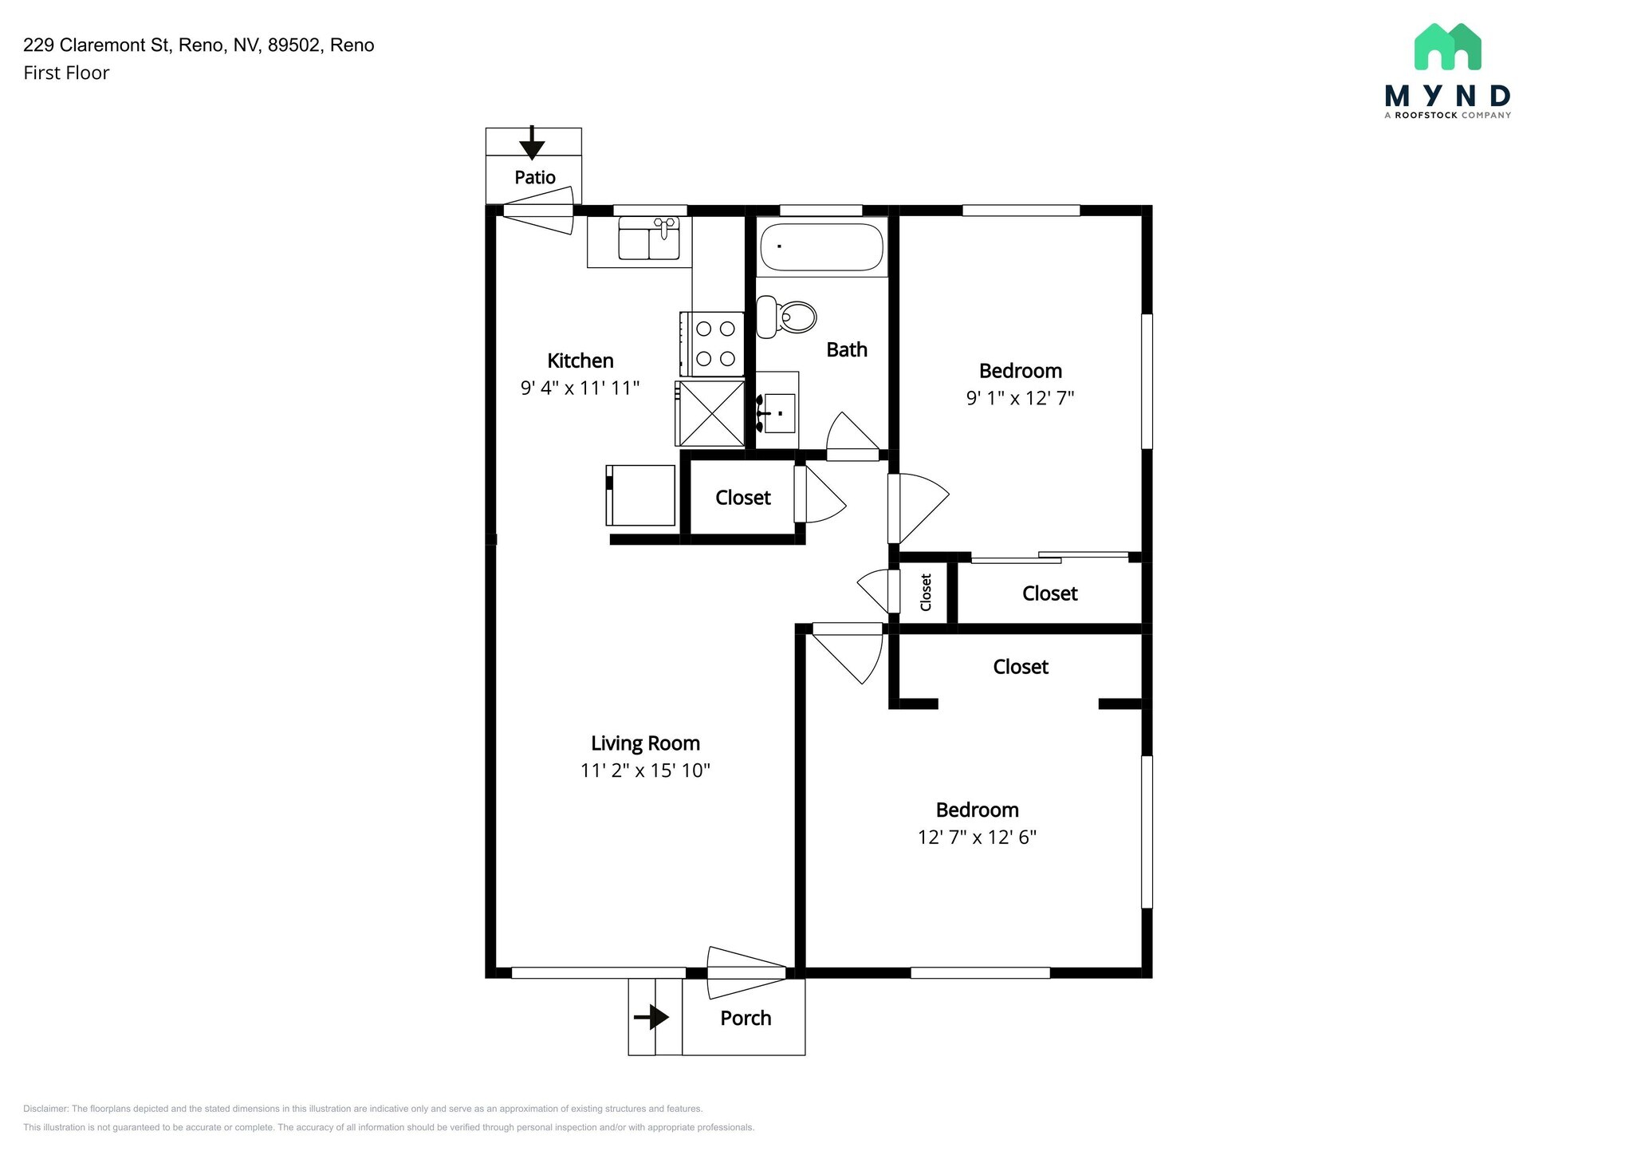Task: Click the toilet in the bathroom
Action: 786,317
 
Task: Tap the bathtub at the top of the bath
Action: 821,247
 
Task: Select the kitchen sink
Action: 649,238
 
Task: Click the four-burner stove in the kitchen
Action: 712,344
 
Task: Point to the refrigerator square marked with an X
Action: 710,413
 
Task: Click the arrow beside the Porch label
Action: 651,1017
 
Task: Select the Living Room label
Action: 645,743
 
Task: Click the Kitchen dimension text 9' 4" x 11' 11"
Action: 580,388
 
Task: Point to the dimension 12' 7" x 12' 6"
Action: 977,838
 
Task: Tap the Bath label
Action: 847,349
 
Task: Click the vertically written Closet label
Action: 926,593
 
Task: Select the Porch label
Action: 746,1019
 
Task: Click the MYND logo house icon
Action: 1447,46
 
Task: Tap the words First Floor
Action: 66,73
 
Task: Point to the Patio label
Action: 535,177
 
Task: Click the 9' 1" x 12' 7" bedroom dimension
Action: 1021,398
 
